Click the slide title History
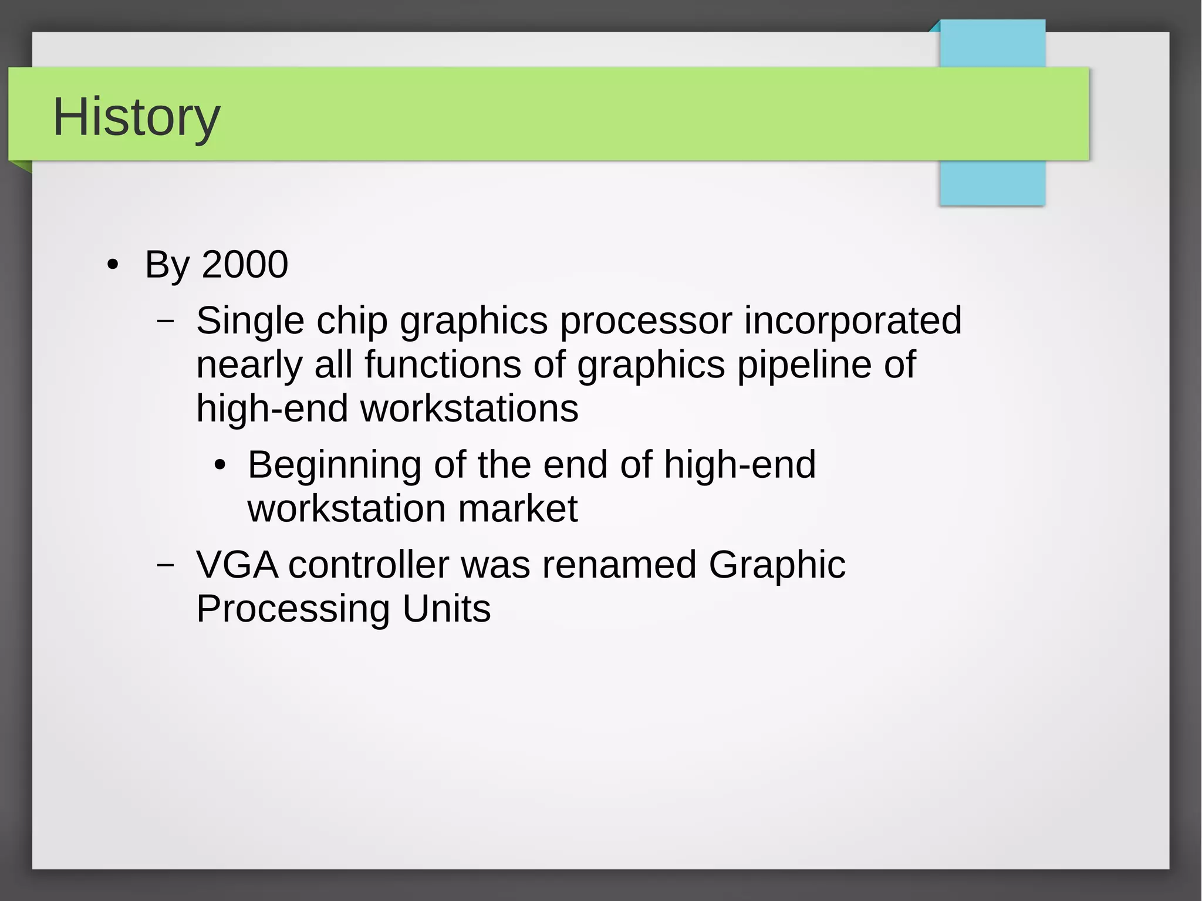136,117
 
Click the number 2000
245,264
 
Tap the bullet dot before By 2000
113,265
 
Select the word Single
251,321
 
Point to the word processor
646,321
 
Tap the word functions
443,365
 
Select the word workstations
469,409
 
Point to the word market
518,508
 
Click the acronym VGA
237,565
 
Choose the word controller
369,565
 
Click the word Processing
293,609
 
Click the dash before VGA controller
166,565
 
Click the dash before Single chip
166,321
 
